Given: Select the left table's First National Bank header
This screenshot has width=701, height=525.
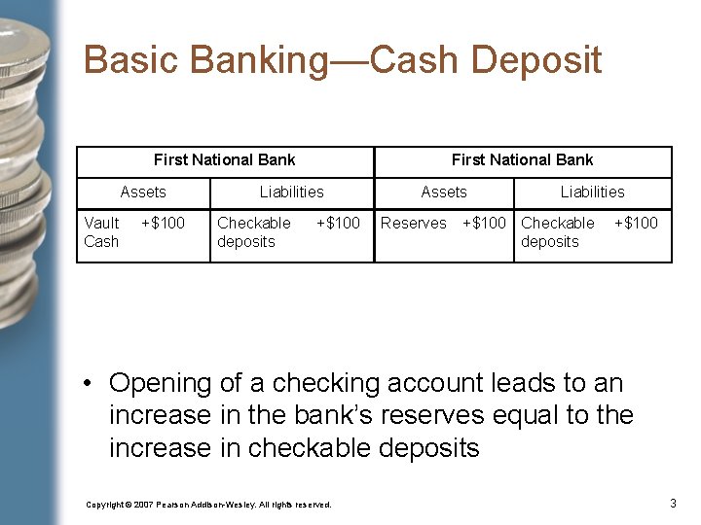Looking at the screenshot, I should coord(224,160).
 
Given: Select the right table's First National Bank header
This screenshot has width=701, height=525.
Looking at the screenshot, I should coord(522,160).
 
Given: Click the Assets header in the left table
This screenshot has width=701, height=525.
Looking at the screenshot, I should coord(143,192).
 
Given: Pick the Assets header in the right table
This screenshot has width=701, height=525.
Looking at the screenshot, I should coord(444,192).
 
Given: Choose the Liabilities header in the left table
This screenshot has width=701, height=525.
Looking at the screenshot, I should coord(291,192).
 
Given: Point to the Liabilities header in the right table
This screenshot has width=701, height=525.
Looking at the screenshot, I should coord(592,192).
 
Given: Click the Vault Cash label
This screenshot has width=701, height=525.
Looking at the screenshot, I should coord(101,232).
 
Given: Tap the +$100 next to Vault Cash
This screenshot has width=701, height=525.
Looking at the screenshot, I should coord(163,224).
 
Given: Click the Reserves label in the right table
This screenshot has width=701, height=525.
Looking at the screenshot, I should coord(414,224).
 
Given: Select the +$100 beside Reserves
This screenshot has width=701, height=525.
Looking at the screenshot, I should coord(484,224).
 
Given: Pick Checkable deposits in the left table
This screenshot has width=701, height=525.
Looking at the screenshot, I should coord(253,232).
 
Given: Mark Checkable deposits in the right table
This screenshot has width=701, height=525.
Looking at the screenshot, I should coord(557,232).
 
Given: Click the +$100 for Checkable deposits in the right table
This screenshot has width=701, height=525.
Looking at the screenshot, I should coord(636,224).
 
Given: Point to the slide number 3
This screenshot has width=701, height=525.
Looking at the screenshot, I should coord(673,503).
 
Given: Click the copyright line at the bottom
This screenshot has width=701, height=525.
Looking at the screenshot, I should coord(208,505).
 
